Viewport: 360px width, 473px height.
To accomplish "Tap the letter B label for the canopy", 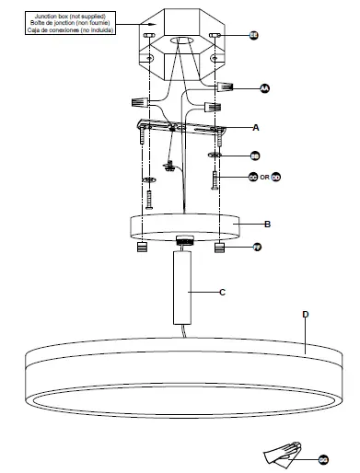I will pos(267,224).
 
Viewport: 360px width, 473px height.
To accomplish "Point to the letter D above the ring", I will pos(305,314).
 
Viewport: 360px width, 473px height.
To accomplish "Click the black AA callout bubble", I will pos(264,88).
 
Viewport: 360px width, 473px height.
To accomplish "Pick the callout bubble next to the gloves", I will pos(323,457).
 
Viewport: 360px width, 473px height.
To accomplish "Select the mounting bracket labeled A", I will pos(180,128).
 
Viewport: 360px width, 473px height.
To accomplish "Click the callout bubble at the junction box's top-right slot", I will pos(254,34).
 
